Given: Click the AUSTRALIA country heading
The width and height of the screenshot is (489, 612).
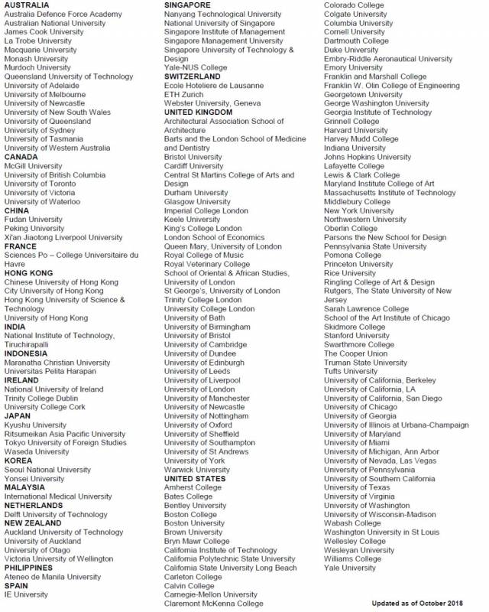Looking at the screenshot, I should (x=27, y=5).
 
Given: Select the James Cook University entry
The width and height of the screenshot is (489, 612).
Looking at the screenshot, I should (x=44, y=32).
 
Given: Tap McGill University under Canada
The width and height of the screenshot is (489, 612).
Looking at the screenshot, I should (x=33, y=166).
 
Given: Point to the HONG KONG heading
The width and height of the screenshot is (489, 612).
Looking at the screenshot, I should (x=28, y=273).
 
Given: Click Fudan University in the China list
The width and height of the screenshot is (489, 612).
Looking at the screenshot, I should (x=33, y=220).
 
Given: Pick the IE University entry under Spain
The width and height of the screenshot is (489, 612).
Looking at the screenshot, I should (x=26, y=594).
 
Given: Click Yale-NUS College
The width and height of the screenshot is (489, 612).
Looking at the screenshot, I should (x=196, y=67).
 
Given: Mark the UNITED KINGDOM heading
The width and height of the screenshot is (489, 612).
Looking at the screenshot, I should (x=199, y=112).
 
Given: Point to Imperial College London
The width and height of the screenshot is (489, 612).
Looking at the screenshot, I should (x=206, y=210).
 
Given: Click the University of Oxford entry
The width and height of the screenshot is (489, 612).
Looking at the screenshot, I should (x=198, y=425).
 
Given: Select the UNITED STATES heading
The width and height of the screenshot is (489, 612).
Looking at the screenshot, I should (x=195, y=479).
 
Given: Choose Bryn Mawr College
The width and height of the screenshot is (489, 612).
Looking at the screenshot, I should (x=196, y=541).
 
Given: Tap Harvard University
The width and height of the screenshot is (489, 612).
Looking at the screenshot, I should (x=355, y=130).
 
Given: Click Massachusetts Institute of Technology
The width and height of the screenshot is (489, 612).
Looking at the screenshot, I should (x=390, y=193).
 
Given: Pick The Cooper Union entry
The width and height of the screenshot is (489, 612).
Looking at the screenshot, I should (x=355, y=353).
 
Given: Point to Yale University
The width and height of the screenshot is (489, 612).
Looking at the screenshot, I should (x=350, y=568).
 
